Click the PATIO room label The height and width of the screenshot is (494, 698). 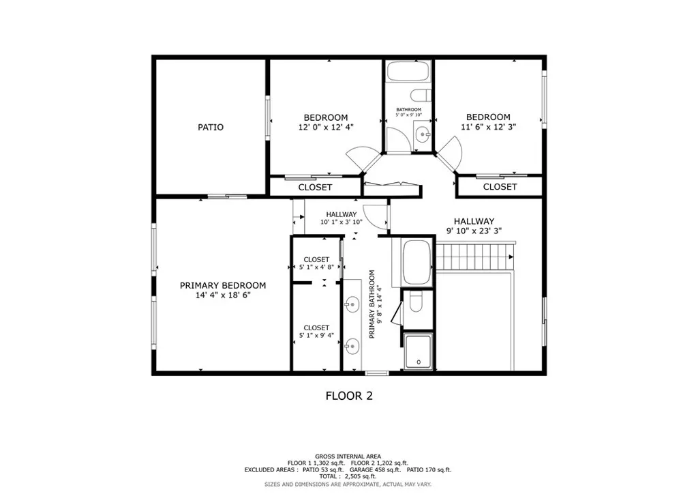[x=211, y=127]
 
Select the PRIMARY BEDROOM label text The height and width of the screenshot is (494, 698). [x=223, y=285]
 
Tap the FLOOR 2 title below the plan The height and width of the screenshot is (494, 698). [x=348, y=396]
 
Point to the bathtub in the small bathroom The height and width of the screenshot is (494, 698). [x=408, y=72]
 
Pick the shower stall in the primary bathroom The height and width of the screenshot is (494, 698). [x=417, y=351]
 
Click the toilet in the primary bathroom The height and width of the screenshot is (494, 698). [x=416, y=300]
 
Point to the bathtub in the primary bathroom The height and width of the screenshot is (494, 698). [x=416, y=262]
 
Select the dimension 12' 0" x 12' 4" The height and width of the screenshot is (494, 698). [x=326, y=127]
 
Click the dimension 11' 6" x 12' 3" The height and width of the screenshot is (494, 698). [x=488, y=127]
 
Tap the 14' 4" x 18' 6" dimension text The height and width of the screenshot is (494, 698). [x=223, y=295]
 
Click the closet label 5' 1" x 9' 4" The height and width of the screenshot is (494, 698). [x=316, y=335]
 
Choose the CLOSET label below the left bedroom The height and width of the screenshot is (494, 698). [x=316, y=187]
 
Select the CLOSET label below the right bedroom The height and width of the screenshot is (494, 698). [x=500, y=187]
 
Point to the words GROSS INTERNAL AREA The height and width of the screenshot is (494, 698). [x=348, y=456]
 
